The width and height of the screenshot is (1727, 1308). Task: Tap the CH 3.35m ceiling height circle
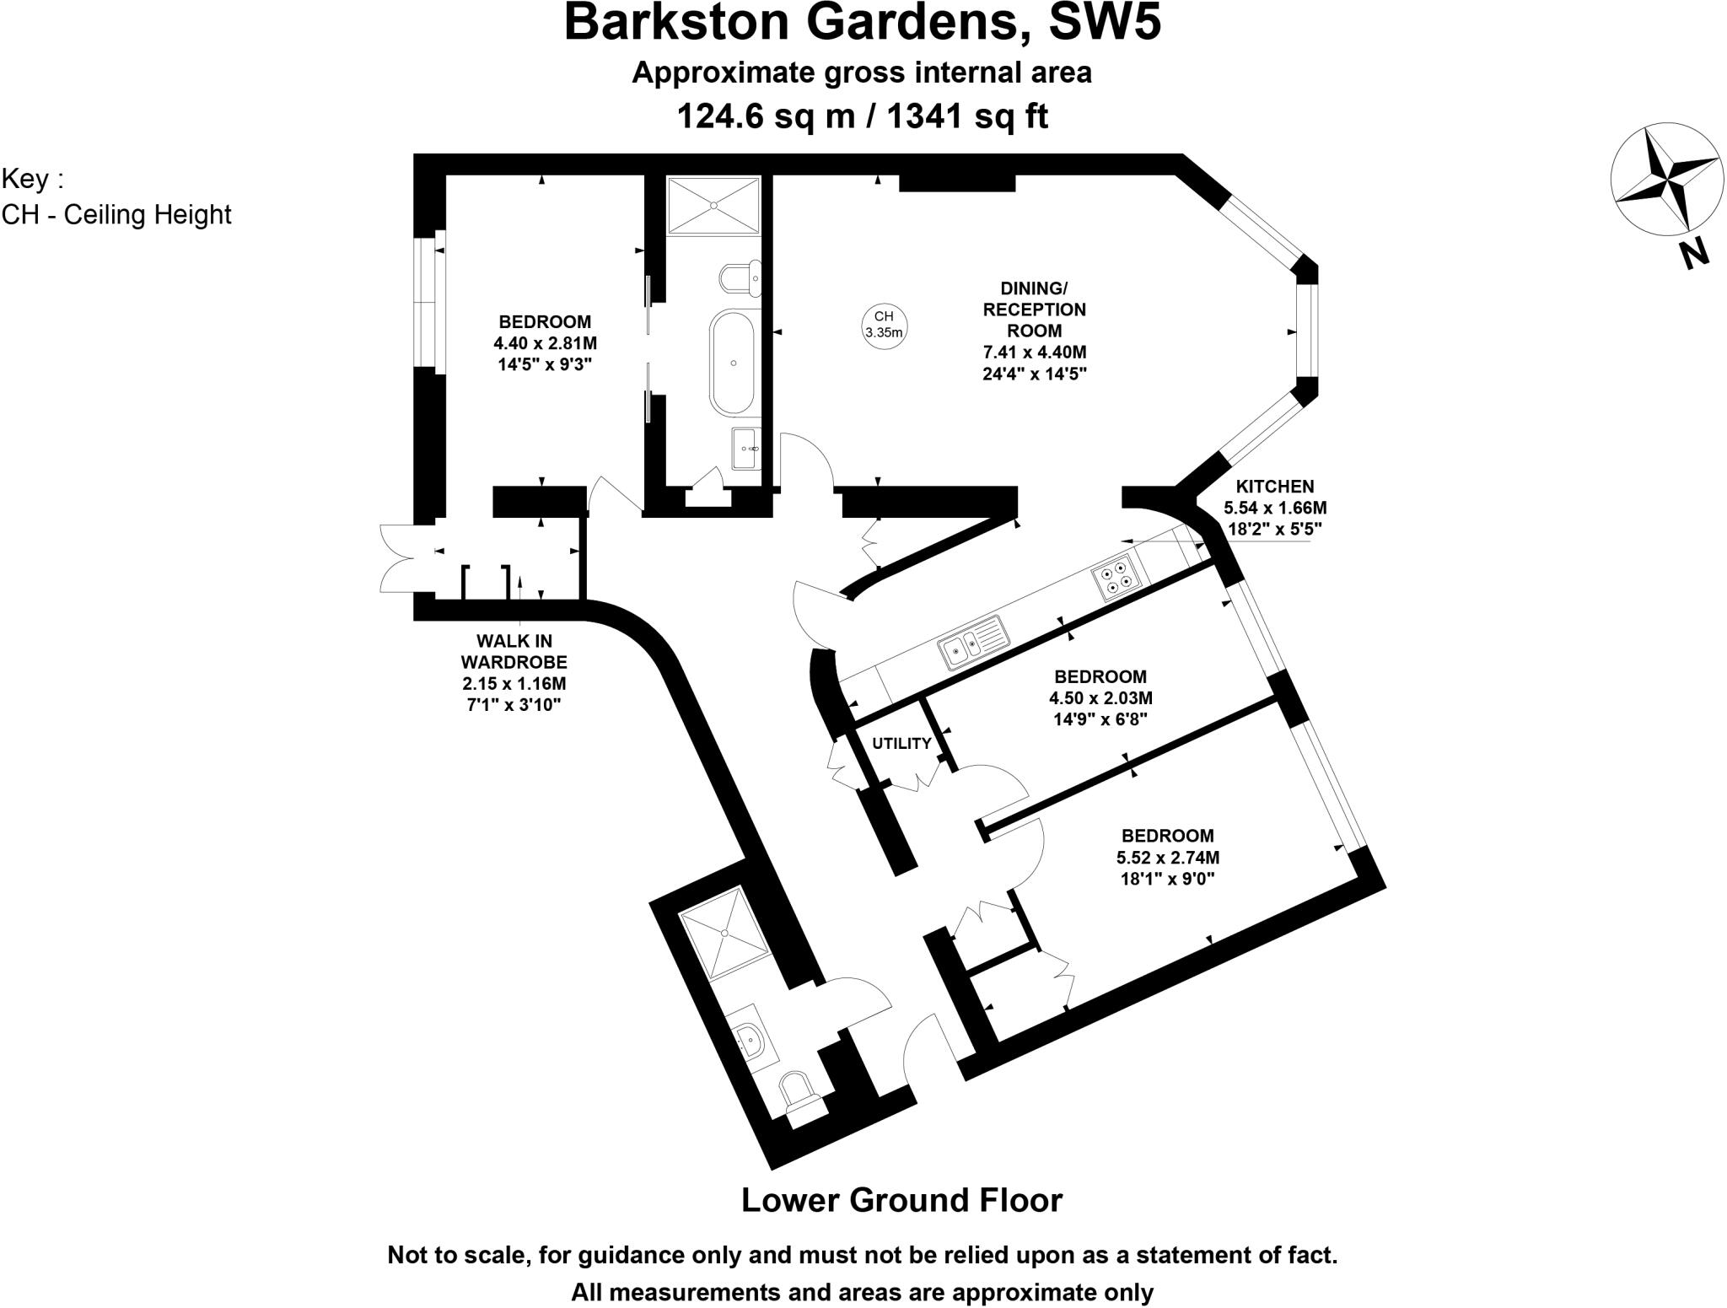point(883,322)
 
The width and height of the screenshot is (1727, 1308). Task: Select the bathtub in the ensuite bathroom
point(733,363)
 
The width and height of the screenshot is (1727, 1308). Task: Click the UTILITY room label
point(901,743)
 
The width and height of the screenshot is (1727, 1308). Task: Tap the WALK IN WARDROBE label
point(514,651)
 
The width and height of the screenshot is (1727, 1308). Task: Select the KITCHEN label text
point(1274,486)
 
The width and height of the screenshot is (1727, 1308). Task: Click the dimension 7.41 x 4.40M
point(1034,353)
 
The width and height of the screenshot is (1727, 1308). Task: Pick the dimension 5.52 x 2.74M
point(1168,858)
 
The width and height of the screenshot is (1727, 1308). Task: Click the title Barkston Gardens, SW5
point(862,23)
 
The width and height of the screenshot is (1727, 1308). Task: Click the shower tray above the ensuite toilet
point(713,203)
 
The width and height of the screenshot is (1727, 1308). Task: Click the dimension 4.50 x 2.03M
point(1100,698)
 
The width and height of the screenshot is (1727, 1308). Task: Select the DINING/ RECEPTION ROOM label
point(1034,309)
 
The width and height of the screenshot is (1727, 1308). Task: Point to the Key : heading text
point(32,180)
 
